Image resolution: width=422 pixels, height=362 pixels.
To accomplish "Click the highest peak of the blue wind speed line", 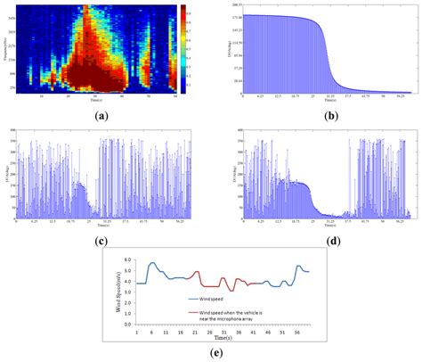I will [x=152, y=263].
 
